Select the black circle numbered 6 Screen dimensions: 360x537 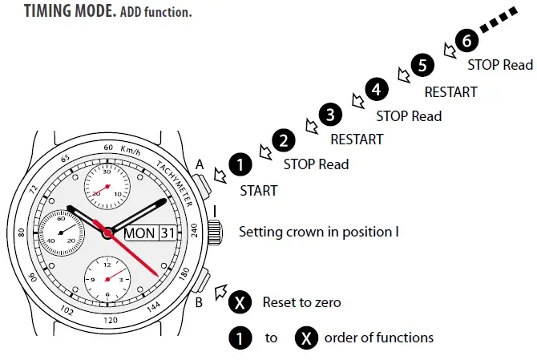466,39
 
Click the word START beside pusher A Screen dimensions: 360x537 258,191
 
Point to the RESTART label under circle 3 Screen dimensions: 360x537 357,140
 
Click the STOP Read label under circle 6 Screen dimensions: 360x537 501,65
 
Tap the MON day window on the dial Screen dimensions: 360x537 140,233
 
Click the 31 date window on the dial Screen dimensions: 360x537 167,233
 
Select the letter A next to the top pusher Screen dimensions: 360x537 200,164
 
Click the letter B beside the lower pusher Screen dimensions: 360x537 200,301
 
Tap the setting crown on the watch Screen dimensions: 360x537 215,233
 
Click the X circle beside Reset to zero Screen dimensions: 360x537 238,303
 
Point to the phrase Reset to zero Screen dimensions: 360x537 301,303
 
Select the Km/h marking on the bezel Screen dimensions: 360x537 131,150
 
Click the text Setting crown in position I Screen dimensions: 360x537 319,233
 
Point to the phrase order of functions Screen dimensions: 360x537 378,338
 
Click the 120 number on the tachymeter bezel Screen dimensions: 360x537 111,320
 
